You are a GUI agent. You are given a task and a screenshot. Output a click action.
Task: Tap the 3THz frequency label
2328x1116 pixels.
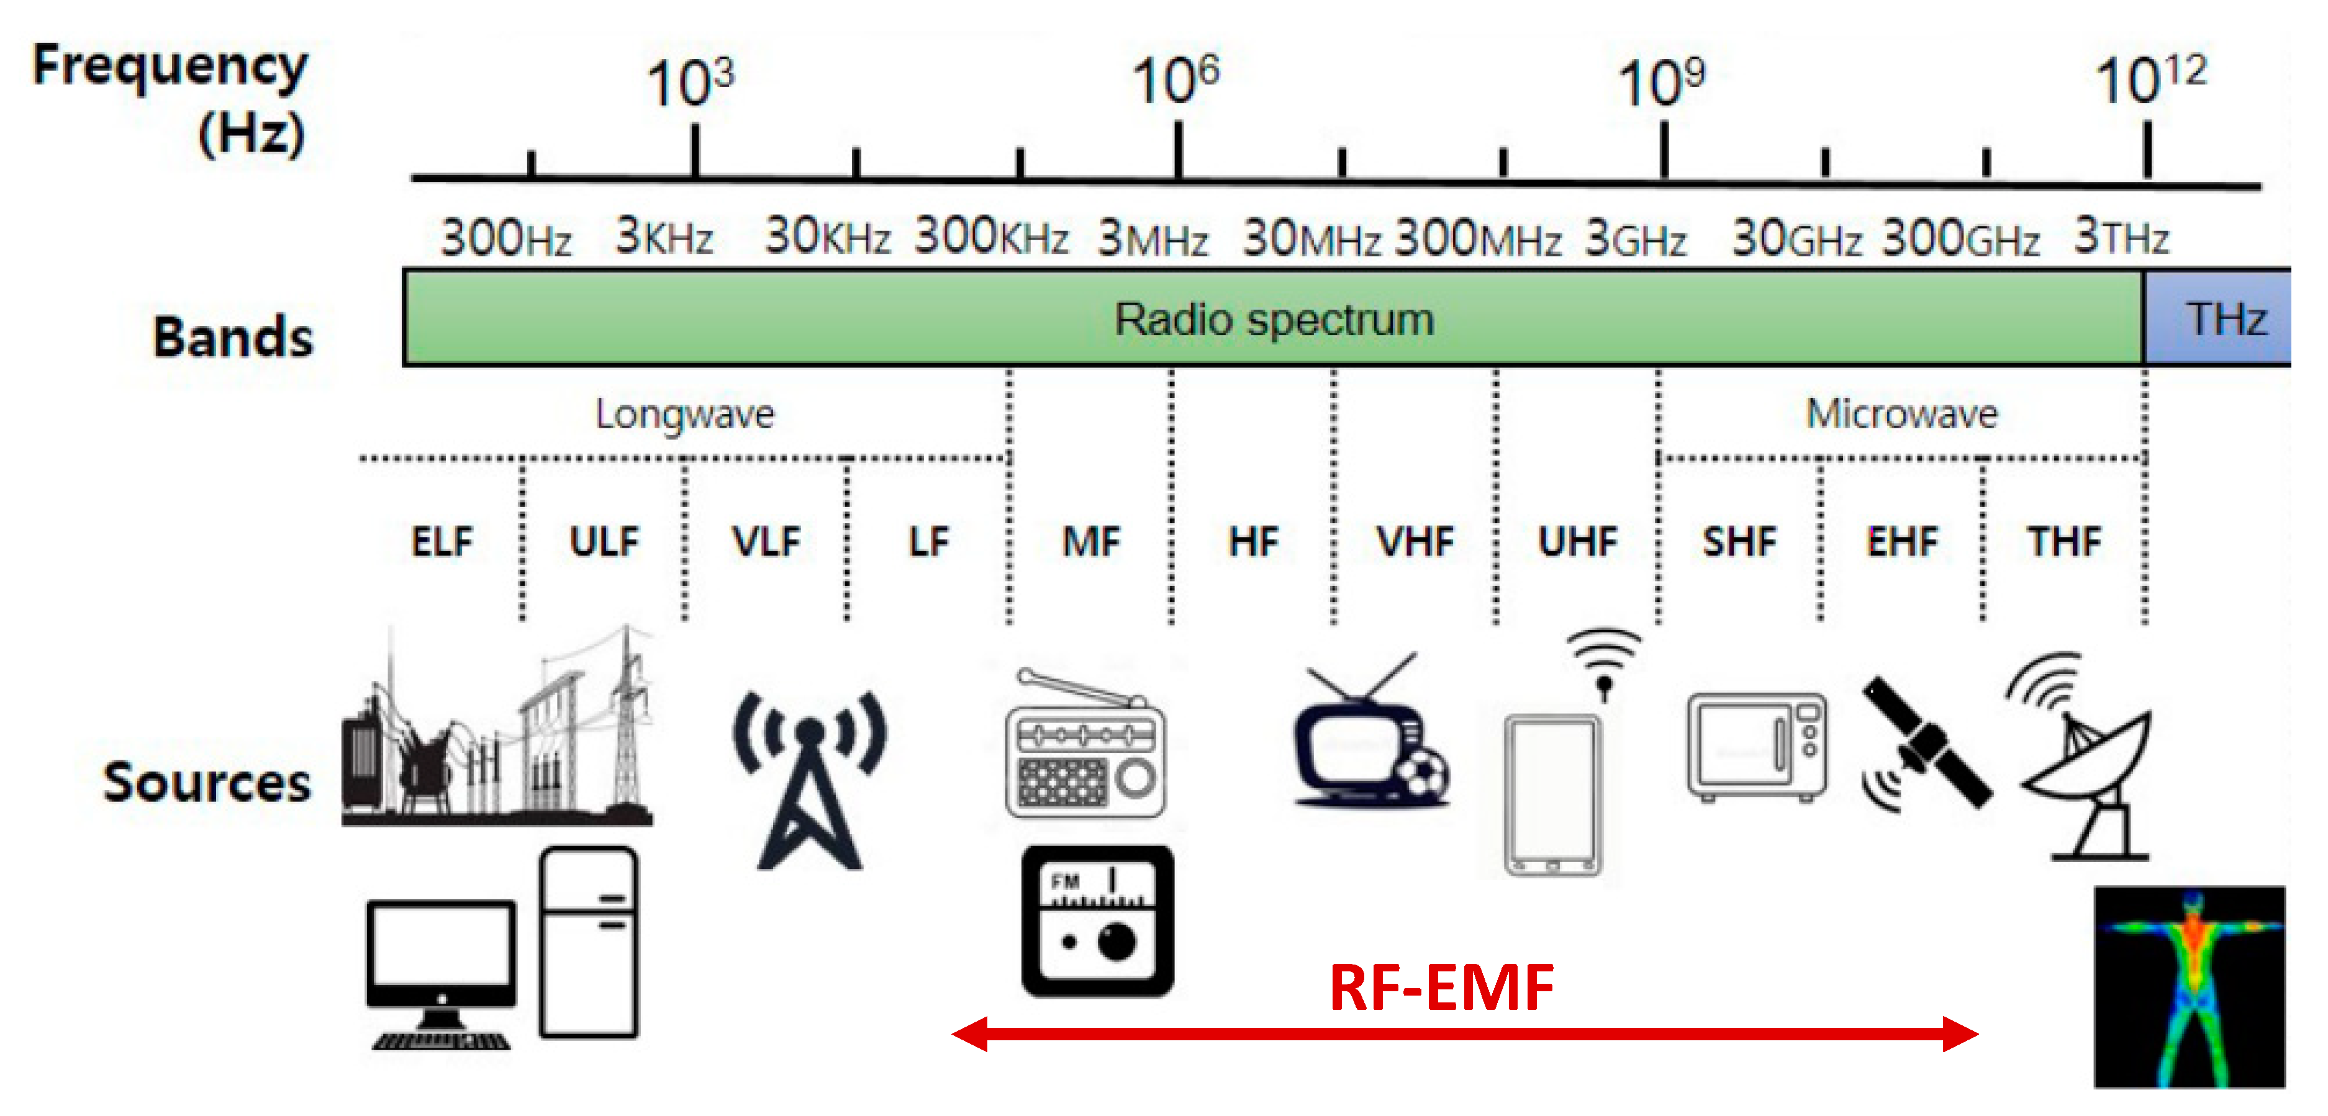point(2120,236)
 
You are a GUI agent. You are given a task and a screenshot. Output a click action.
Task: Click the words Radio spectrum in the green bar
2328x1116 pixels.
point(1274,319)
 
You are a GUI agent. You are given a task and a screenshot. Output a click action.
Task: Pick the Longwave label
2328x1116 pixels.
point(684,414)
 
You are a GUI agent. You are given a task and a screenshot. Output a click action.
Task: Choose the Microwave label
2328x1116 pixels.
point(1901,414)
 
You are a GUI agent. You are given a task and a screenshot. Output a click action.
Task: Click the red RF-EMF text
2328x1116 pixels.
point(1441,988)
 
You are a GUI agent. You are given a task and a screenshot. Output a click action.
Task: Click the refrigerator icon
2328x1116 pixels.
point(588,942)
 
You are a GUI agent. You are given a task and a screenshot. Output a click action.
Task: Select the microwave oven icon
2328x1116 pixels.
point(1756,747)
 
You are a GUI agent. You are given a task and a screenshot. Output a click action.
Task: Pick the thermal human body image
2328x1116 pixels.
point(2189,987)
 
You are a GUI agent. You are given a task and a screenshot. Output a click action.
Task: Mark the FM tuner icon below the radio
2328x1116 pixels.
point(1097,921)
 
